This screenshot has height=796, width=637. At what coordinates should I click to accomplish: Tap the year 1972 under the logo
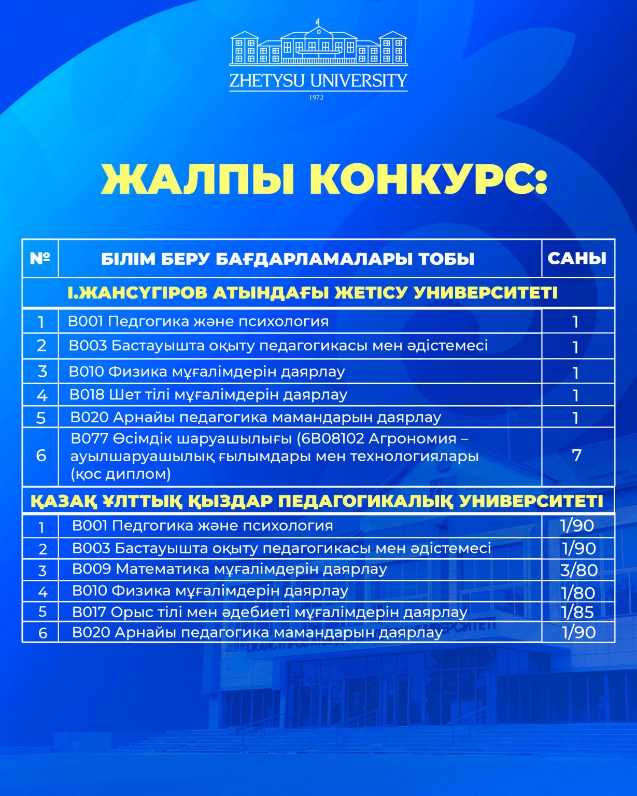coord(316,97)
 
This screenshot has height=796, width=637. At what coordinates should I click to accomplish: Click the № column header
coord(40,258)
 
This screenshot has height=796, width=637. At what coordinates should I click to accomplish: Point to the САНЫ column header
coord(577,258)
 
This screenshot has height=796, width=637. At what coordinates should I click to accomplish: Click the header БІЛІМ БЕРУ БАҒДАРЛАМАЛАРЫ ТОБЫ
coord(288,259)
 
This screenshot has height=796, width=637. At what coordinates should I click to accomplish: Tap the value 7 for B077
coord(576,456)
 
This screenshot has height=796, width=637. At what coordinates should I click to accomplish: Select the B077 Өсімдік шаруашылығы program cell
coord(275,456)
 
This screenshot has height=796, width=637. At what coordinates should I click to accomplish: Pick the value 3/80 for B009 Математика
coord(579,570)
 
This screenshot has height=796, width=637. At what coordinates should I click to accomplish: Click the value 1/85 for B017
coord(577,612)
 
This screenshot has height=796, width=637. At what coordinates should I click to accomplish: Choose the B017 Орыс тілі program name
coord(270,612)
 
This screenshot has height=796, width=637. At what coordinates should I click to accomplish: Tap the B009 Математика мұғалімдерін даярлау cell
coord(230,569)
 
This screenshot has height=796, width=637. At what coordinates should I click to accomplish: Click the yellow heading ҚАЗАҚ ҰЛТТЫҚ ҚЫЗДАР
coord(317,501)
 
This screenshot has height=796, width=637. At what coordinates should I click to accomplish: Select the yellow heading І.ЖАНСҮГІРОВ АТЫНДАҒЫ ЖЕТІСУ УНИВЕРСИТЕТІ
coord(313,293)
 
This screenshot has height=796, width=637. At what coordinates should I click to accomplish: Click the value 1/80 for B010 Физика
coord(578,592)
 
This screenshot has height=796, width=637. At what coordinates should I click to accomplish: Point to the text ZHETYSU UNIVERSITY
coord(318,81)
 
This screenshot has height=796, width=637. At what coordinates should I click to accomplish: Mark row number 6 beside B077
coord(41,456)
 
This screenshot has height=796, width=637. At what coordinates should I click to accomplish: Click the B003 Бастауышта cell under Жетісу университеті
coord(278,346)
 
